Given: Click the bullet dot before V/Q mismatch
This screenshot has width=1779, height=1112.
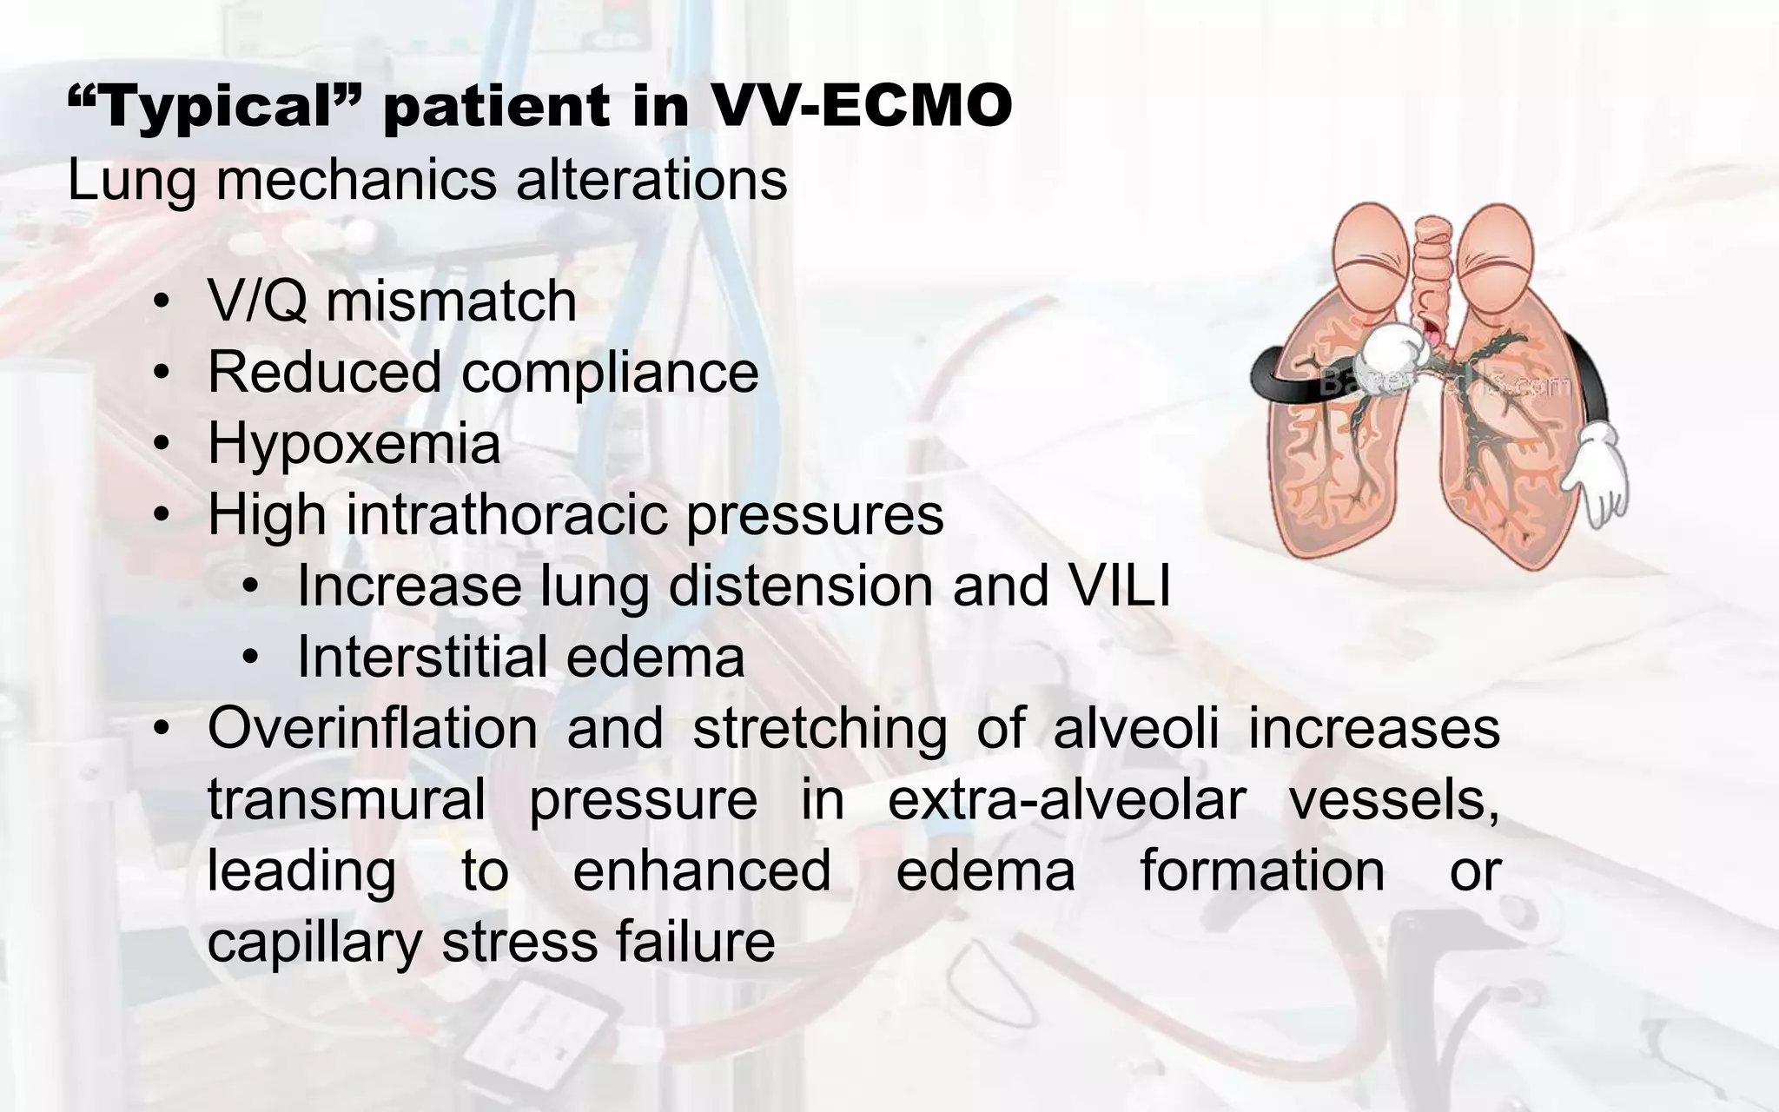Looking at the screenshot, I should coord(161,303).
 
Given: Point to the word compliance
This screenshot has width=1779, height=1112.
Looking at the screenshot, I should coord(610,373).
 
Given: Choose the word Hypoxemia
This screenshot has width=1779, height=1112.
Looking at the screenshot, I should coord(354,443).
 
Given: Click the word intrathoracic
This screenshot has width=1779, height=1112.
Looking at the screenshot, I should coord(507,514).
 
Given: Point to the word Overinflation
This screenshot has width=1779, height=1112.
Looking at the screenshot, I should coord(373,728).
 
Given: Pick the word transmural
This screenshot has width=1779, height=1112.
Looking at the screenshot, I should coord(347,799).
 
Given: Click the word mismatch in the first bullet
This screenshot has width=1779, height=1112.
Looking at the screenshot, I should coord(451,301).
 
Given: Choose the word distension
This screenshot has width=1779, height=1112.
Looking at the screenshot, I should coord(799,586).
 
